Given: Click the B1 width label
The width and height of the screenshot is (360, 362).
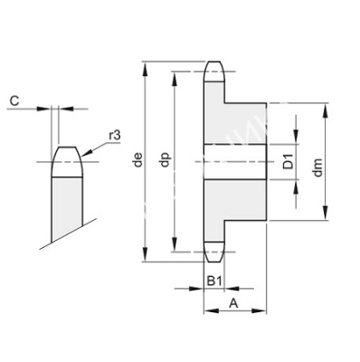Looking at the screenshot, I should [x=213, y=281].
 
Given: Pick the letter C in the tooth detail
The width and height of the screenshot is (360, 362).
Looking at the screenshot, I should [x=14, y=100].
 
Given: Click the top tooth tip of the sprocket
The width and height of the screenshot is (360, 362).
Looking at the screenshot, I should [x=213, y=68].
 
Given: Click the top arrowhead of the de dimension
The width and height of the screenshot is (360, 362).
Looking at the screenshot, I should [x=145, y=66].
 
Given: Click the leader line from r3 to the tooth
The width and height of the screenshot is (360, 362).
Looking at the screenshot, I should [x=94, y=148].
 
